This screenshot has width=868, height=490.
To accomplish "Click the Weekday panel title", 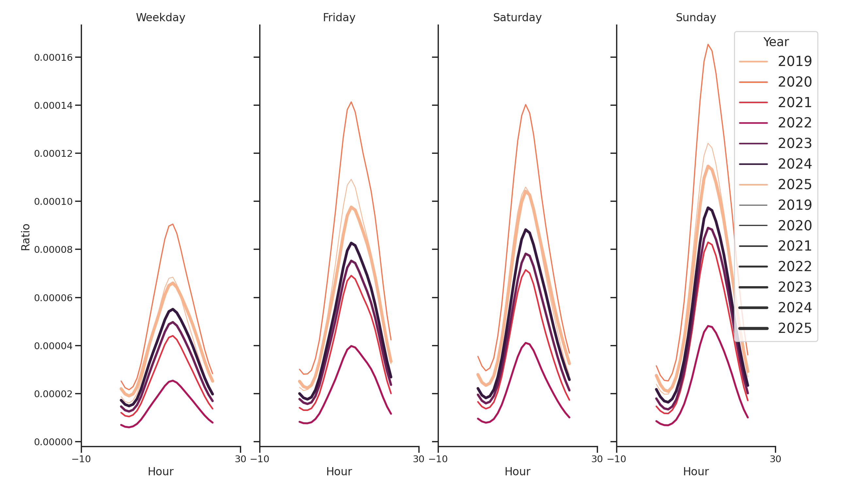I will [160, 18].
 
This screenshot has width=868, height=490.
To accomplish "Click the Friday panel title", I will [339, 18].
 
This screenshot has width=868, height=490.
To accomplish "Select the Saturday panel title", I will [517, 18].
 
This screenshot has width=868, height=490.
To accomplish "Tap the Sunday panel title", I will [696, 18].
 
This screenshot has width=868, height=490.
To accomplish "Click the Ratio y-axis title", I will [25, 237].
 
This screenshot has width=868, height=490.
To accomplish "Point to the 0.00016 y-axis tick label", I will [53, 57].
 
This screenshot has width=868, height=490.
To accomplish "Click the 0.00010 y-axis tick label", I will [53, 202].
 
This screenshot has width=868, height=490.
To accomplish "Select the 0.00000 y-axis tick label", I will [53, 442].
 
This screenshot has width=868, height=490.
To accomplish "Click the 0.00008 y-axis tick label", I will [53, 250].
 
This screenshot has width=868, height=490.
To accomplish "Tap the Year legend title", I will [776, 42].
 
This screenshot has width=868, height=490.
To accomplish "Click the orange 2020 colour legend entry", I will [775, 82].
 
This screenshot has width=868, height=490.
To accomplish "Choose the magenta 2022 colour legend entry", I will [775, 123].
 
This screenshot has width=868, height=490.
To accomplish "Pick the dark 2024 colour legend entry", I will [775, 164].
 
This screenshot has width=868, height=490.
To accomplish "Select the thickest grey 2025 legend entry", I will [775, 328].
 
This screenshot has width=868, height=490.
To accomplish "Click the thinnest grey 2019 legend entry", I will [775, 205].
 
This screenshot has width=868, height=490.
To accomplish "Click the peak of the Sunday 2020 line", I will [708, 44].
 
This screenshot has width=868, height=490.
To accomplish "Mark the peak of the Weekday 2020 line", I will [173, 224].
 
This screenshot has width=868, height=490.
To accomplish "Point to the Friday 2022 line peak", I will [351, 346].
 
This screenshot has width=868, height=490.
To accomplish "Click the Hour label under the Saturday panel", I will [517, 471].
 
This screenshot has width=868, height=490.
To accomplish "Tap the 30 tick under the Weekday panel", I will [240, 459].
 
